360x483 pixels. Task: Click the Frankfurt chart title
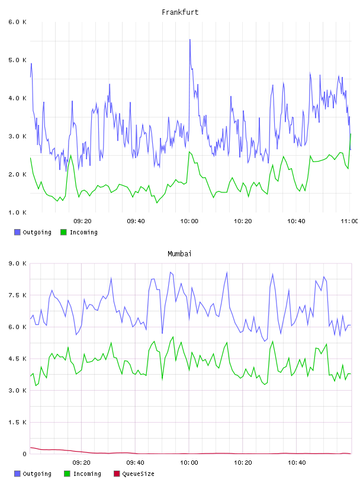(180, 12)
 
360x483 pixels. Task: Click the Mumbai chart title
(179, 253)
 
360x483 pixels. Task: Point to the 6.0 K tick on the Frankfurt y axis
(17, 22)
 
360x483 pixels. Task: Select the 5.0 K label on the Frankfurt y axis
(17, 60)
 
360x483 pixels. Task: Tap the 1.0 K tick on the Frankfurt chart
(17, 212)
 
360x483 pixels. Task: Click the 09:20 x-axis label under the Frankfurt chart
(82, 221)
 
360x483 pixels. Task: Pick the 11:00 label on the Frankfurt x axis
(349, 221)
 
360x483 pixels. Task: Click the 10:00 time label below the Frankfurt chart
(189, 221)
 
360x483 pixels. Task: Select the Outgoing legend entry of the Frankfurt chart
(33, 232)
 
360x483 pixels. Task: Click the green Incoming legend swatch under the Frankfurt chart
(63, 232)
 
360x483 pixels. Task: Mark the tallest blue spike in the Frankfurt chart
(190, 40)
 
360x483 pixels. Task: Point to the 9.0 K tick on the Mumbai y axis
(17, 263)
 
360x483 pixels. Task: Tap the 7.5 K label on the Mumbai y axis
(17, 295)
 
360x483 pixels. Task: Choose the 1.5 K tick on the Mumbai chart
(17, 422)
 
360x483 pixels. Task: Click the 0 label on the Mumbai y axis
(24, 454)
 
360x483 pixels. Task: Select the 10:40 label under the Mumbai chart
(297, 462)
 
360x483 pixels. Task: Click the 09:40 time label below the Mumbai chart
(136, 462)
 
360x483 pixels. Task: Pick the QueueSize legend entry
(134, 474)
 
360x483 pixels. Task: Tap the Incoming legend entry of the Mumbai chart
(82, 474)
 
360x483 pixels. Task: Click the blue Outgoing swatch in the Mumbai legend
(17, 474)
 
